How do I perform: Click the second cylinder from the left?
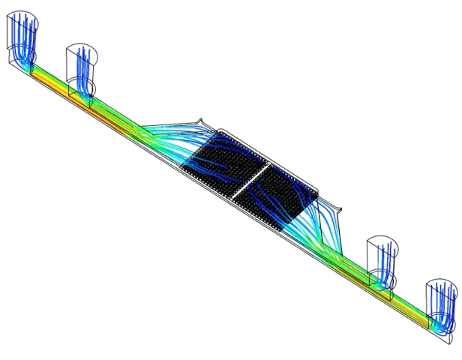(81, 67)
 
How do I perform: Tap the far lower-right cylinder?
(441, 304)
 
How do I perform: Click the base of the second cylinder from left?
(82, 93)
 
